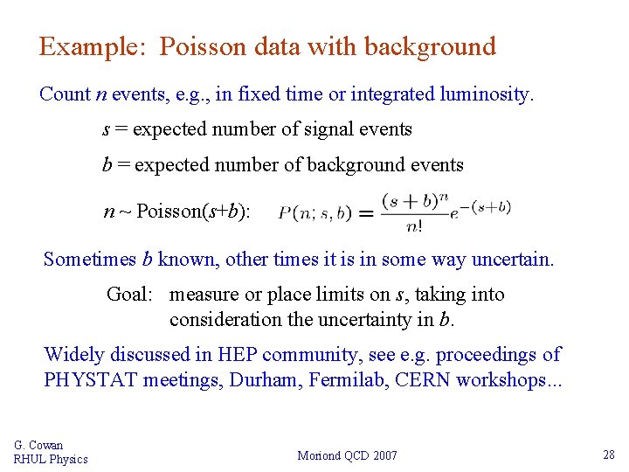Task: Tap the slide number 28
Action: click(608, 455)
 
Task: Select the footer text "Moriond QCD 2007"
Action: click(347, 455)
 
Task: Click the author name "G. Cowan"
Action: click(38, 445)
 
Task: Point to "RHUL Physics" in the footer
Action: click(51, 459)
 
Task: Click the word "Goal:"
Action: click(130, 295)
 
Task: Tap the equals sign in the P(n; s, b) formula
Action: click(365, 212)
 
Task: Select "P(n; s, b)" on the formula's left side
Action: click(314, 212)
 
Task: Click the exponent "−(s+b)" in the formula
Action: click(487, 206)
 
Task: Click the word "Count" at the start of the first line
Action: click(65, 94)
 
